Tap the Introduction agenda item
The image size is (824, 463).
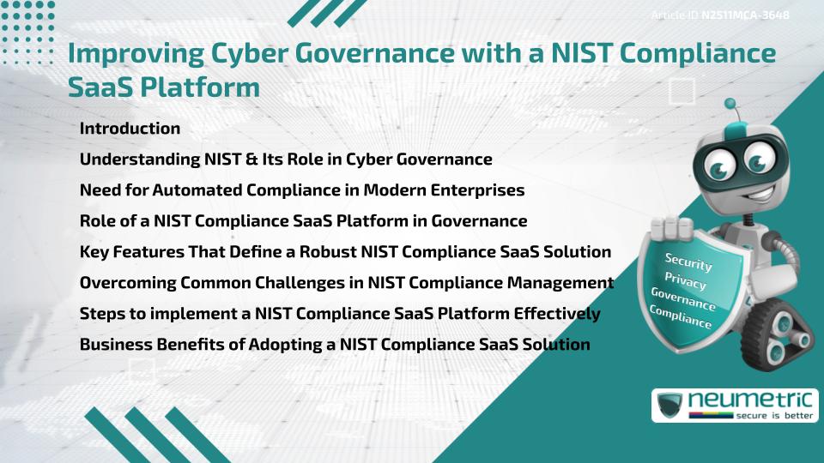point(130,129)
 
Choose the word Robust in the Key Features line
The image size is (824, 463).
point(377,252)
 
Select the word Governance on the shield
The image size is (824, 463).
point(683,299)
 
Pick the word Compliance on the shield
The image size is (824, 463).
point(680,317)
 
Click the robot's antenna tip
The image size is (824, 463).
point(731,104)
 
